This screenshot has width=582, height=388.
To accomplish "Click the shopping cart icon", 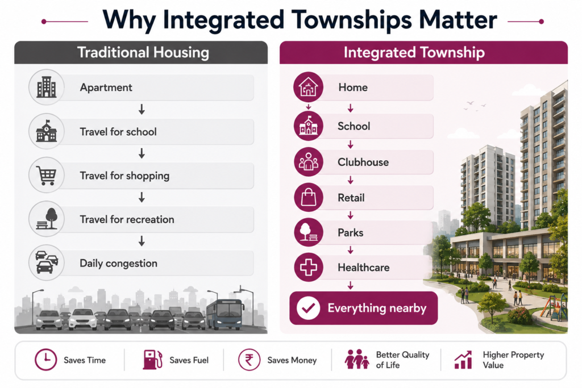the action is [47, 175].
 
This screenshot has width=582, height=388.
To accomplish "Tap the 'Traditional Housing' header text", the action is [143, 52].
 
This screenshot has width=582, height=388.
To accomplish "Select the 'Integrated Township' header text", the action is [414, 52].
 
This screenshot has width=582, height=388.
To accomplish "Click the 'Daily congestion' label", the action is [118, 264].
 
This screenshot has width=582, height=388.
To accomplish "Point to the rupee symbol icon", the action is [249, 360].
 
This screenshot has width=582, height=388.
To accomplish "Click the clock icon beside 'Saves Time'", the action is [45, 360].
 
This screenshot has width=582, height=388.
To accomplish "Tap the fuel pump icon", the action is [152, 360].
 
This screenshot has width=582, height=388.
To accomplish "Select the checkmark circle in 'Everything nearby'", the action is [309, 308].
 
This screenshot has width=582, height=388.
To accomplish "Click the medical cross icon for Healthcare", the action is [309, 267].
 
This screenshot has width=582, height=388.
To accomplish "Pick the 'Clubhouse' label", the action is [363, 162].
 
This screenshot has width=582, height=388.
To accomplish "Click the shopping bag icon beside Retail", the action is [309, 197].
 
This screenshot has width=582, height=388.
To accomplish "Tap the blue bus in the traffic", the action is [225, 315].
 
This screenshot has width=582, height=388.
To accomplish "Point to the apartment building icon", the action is [47, 87].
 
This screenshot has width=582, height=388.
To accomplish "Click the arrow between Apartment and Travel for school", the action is [142, 110].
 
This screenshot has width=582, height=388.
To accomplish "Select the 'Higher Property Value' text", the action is [513, 360].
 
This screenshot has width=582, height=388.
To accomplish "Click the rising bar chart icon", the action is [463, 360].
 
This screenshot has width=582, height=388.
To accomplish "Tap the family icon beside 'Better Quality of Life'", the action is [357, 359].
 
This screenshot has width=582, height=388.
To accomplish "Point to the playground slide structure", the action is [554, 307].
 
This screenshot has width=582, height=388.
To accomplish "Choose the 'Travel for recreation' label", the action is [127, 220].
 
